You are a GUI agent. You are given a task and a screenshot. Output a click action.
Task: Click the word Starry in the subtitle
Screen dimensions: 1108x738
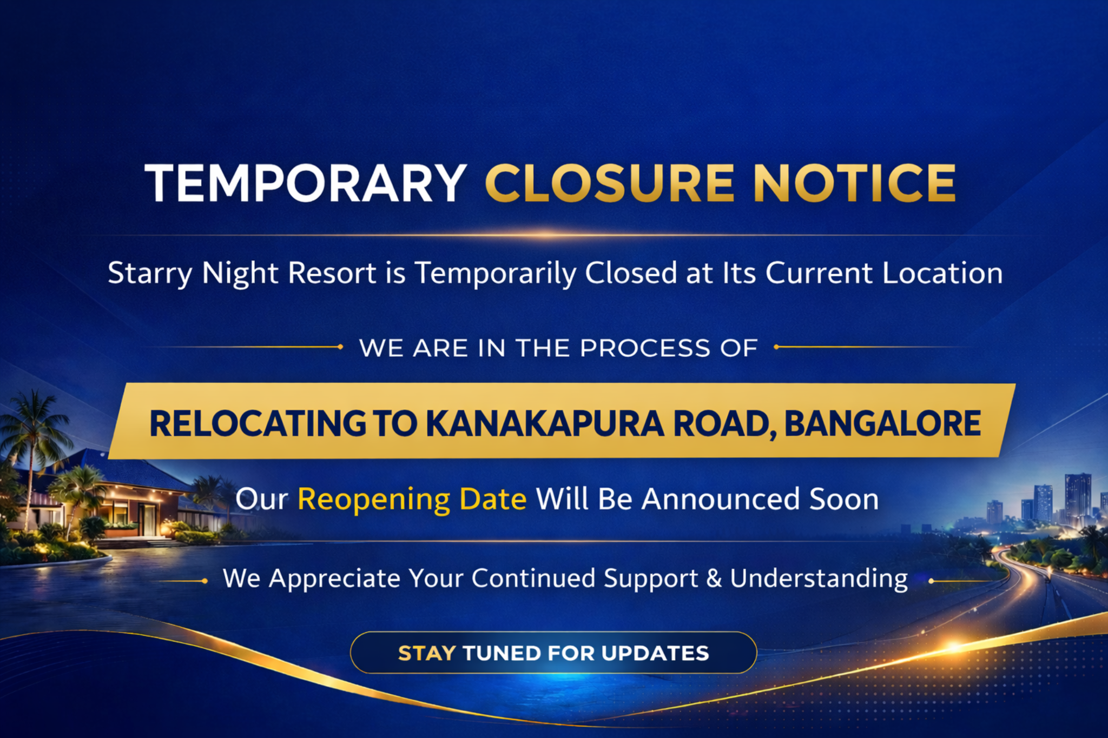(x=150, y=274)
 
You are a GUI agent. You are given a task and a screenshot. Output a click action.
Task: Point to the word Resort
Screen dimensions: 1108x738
(x=332, y=272)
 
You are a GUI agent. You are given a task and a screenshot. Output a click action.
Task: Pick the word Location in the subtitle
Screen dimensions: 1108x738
(x=942, y=272)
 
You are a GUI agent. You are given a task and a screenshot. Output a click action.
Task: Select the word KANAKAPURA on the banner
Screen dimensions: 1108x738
(x=545, y=423)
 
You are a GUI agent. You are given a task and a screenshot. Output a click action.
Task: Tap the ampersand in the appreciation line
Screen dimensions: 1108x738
(x=714, y=578)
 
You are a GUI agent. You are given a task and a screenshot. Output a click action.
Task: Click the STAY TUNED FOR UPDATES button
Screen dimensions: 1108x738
(x=553, y=653)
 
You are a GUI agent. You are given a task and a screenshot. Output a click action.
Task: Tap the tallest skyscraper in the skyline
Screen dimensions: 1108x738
(x=1078, y=497)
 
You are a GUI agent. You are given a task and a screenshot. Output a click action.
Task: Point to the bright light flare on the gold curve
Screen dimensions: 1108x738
(x=954, y=647)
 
